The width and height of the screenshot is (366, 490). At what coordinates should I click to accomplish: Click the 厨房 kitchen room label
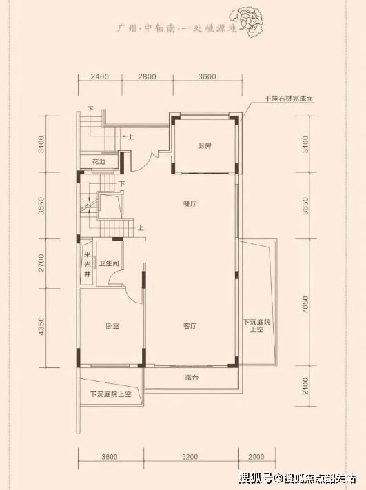pos(205,145)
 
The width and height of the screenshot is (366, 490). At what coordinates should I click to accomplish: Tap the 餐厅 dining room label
pos(190,204)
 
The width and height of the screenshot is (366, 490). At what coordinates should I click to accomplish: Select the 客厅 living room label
pos(190,326)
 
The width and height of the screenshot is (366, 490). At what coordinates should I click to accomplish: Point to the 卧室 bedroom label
pos(112,326)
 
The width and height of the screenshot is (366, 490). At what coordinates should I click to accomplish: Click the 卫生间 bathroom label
pos(109,263)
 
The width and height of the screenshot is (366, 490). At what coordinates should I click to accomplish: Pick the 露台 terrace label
pos(192,378)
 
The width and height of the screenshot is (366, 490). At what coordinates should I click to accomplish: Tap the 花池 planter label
pos(99,161)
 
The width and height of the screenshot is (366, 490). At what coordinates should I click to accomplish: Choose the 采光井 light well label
pos(88,265)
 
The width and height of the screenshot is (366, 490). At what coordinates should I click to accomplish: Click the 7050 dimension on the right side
pos(305,305)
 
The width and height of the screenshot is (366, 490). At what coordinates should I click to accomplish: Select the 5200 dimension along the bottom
pos(190,457)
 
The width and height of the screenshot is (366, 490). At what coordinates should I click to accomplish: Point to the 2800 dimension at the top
pos(148,76)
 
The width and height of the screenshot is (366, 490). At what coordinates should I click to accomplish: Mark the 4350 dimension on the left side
pos(41,326)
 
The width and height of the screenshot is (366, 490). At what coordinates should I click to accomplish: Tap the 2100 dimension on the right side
pos(305,386)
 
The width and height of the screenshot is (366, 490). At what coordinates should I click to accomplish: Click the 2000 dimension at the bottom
pos(256,457)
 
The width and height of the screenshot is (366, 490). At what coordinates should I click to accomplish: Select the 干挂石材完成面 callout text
pos(289,99)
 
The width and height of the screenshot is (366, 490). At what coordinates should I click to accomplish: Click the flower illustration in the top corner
pos(246,19)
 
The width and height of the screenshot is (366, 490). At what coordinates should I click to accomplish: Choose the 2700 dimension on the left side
pos(41,263)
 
